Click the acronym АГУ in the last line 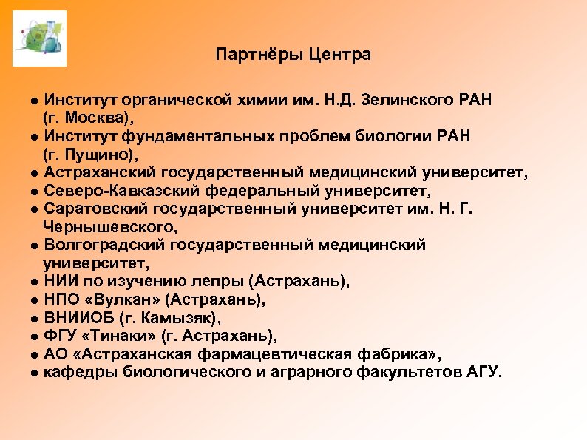click(483, 372)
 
